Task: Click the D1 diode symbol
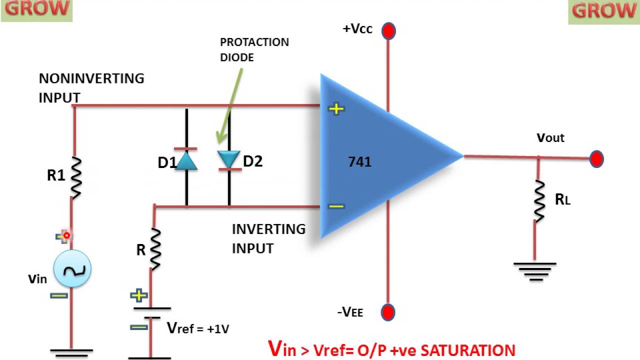coord(186,159)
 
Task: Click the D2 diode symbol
coord(229,159)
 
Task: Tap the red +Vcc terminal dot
coord(388,31)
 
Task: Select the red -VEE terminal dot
coord(388,312)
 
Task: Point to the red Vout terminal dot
coord(596,159)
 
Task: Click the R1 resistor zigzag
coord(75,175)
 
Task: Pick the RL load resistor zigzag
coord(539,200)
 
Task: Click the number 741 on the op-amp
coord(360,162)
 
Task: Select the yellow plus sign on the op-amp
coord(336,108)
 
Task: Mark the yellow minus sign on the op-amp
coord(336,205)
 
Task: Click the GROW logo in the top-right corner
coord(604,11)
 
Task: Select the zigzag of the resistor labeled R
coord(155,248)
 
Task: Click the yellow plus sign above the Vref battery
coord(138,295)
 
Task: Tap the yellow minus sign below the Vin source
coord(59,296)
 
